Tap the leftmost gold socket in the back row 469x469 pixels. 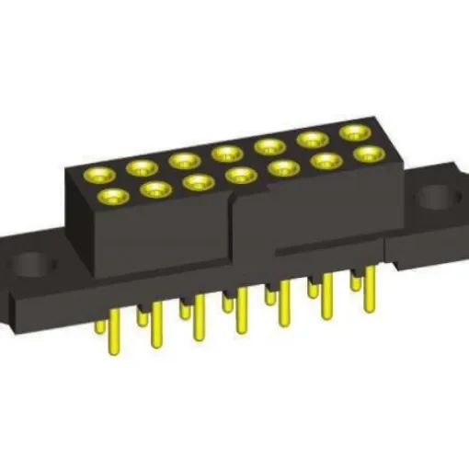97,174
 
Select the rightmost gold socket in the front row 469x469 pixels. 367,154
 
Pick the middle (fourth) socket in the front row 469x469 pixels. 240,175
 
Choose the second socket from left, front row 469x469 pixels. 154,189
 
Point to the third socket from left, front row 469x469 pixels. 198,182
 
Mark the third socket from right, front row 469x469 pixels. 283,167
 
